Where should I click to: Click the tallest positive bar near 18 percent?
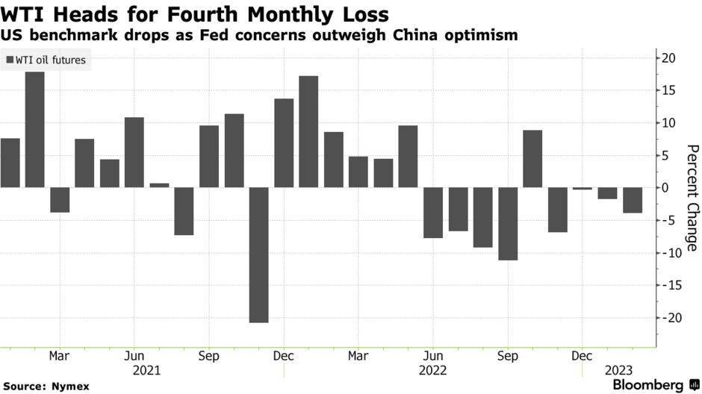[x=34, y=129]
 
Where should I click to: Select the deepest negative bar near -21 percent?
[x=258, y=254]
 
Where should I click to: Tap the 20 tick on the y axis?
[x=668, y=58]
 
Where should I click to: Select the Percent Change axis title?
[x=692, y=197]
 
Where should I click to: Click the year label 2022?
[x=433, y=369]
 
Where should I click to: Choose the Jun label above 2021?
[x=134, y=355]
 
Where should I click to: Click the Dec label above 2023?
[x=583, y=355]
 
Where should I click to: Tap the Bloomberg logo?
[x=647, y=384]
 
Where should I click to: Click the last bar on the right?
[x=633, y=200]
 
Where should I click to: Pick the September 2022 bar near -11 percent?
[x=508, y=224]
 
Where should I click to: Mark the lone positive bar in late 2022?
[x=532, y=159]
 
